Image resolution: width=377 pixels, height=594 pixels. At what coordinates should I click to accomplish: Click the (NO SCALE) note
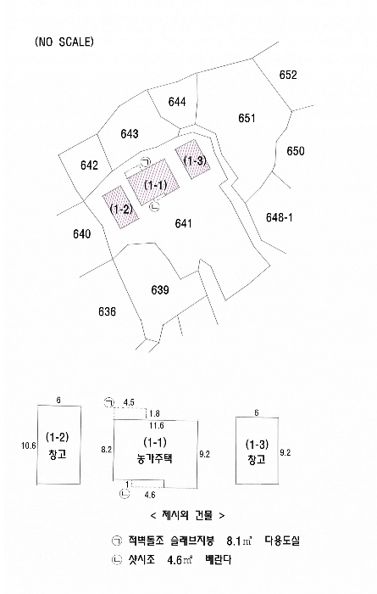tap(64, 42)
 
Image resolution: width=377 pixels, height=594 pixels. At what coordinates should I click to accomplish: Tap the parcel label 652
tap(288, 75)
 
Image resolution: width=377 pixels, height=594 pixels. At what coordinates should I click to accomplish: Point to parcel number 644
tap(177, 102)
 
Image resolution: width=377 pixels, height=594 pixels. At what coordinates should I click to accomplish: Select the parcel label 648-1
tap(279, 217)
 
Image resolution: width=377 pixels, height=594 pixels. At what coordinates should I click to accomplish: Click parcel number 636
tap(107, 311)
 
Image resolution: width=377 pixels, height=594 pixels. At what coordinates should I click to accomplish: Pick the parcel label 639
tap(160, 290)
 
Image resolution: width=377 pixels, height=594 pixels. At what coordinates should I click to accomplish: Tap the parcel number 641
tap(183, 223)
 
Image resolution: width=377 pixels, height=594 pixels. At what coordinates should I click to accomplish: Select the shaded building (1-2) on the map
tap(121, 207)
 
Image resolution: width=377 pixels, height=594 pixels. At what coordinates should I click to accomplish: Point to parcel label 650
tap(296, 151)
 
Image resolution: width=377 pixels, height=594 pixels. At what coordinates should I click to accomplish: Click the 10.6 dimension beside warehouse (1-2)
tap(28, 445)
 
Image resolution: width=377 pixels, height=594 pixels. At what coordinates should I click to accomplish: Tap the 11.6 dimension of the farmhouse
tap(157, 426)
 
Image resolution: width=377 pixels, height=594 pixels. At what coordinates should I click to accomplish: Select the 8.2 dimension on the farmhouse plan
tap(107, 450)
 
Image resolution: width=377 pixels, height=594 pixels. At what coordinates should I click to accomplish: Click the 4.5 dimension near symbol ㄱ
tap(129, 402)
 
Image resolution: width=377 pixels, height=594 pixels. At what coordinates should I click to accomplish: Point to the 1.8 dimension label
tap(155, 413)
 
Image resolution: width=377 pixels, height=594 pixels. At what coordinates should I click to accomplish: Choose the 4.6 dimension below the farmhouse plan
tap(150, 495)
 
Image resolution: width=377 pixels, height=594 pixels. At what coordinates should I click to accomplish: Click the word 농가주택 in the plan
tap(155, 459)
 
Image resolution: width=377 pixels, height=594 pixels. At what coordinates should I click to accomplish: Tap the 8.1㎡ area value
tap(240, 541)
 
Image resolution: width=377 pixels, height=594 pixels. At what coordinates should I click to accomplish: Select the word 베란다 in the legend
tap(219, 559)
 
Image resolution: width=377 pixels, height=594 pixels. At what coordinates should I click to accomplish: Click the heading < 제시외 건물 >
tap(187, 515)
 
